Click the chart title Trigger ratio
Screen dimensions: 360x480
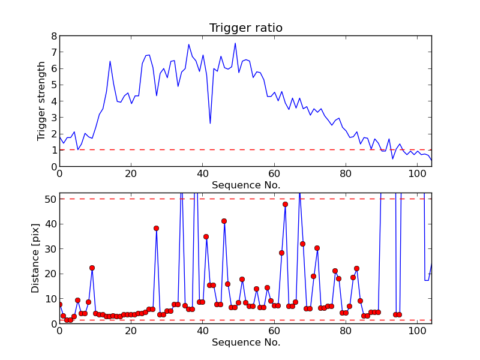[245, 28]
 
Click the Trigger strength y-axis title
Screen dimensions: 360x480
[41, 101]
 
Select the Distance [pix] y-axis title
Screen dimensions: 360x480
[35, 258]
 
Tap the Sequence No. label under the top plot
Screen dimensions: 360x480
[245, 185]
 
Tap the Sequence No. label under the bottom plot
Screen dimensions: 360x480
[245, 343]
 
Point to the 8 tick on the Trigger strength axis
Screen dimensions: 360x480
[53, 36]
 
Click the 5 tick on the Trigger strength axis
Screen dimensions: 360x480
[53, 85]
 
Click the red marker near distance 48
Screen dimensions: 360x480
[285, 204]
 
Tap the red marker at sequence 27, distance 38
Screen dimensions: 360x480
[156, 228]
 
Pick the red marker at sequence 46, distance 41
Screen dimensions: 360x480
[224, 221]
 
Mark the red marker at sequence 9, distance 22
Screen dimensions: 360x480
[92, 268]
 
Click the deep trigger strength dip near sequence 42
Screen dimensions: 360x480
[210, 124]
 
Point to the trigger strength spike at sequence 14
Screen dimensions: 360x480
[110, 61]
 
